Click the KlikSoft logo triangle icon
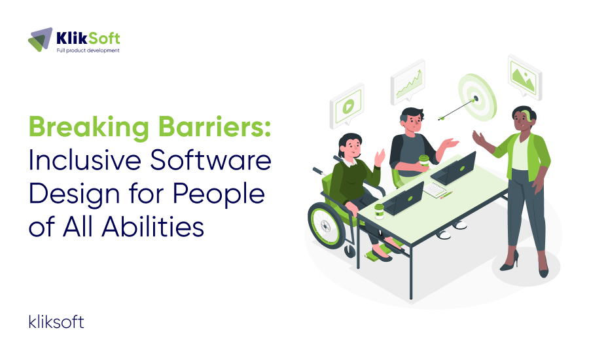click(41, 39)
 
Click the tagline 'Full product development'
click(88, 50)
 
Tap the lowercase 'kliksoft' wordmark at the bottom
click(56, 321)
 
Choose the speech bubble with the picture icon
click(522, 75)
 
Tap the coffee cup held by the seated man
click(423, 162)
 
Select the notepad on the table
click(437, 189)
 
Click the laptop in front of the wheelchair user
click(404, 199)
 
